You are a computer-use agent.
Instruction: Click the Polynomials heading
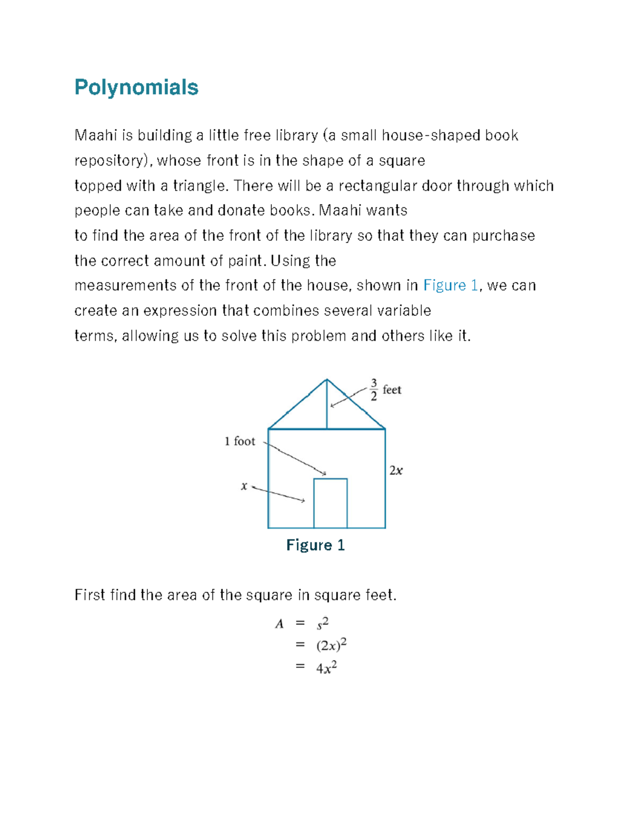(x=136, y=87)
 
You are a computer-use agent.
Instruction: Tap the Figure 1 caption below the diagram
(x=315, y=545)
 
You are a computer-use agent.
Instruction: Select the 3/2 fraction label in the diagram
(x=374, y=389)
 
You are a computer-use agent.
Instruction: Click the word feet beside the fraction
(x=392, y=390)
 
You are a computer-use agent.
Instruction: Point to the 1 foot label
(x=239, y=441)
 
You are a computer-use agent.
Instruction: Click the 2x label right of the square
(x=395, y=470)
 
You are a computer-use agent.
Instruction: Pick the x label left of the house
(x=244, y=486)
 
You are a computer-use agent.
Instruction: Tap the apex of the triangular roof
(x=327, y=380)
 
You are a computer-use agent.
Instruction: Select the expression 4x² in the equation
(x=326, y=668)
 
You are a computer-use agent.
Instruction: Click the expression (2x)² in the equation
(x=331, y=645)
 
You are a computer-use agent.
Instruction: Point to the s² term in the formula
(x=322, y=623)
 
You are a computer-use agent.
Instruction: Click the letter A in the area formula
(x=279, y=624)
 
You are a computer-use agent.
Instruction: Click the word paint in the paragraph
(x=246, y=260)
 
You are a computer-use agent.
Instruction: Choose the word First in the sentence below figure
(x=90, y=595)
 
